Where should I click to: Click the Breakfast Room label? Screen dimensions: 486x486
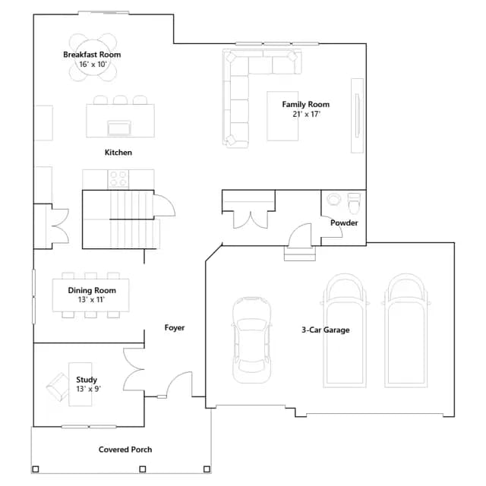pyautogui.click(x=92, y=55)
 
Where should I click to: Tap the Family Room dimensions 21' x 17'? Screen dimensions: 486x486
pyautogui.click(x=306, y=114)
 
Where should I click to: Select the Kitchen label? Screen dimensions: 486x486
pyautogui.click(x=118, y=153)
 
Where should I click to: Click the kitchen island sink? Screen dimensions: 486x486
pyautogui.click(x=119, y=128)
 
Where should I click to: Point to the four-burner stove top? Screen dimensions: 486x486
pyautogui.click(x=118, y=179)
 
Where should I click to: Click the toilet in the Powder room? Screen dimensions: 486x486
pyautogui.click(x=354, y=204)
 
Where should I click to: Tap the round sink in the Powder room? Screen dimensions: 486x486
pyautogui.click(x=333, y=199)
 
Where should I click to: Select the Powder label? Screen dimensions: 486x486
pyautogui.click(x=344, y=222)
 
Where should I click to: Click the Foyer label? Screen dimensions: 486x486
pyautogui.click(x=175, y=327)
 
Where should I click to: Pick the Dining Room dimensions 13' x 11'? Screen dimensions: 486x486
pyautogui.click(x=91, y=300)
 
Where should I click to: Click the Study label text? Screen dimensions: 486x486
pyautogui.click(x=87, y=380)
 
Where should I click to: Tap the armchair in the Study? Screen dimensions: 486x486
pyautogui.click(x=58, y=387)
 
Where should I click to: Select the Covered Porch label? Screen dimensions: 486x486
pyautogui.click(x=125, y=450)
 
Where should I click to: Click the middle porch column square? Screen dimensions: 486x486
pyautogui.click(x=143, y=469)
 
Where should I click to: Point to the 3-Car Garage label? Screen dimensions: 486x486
pyautogui.click(x=326, y=330)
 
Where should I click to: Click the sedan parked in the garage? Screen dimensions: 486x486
pyautogui.click(x=251, y=339)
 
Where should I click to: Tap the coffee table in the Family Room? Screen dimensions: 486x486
pyautogui.click(x=282, y=116)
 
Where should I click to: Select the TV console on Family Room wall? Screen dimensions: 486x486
pyautogui.click(x=357, y=115)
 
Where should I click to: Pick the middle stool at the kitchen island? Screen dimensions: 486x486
pyautogui.click(x=120, y=100)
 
